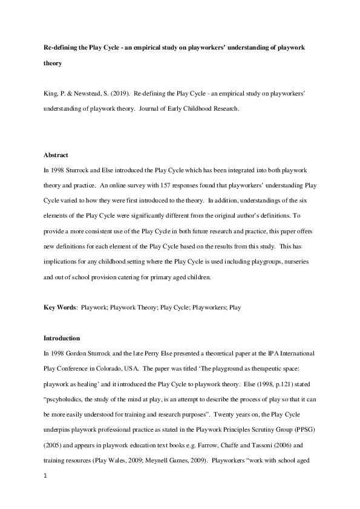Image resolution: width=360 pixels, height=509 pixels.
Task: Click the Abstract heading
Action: pos(56,154)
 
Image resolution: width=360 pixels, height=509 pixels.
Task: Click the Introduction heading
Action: pos(62,338)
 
